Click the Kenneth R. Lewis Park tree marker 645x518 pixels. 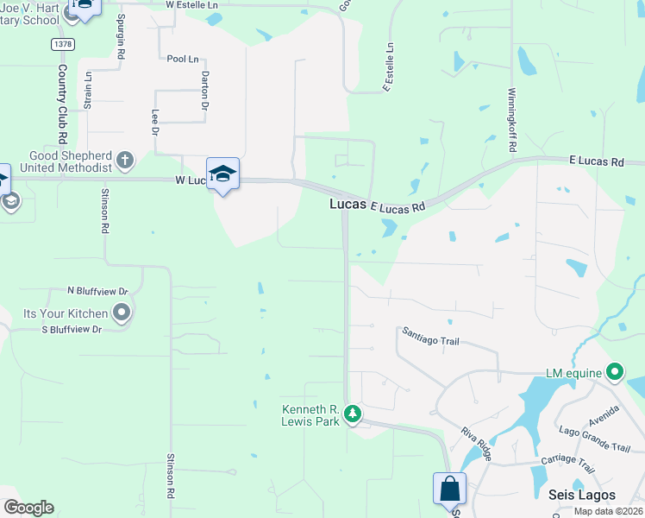(x=352, y=414)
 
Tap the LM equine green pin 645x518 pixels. (x=615, y=373)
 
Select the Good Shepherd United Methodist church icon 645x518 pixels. (x=125, y=160)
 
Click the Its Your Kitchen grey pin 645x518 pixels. (x=122, y=313)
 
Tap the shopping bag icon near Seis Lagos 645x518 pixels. (x=449, y=489)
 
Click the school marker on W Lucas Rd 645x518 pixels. (x=222, y=174)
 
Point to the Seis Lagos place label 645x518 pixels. (x=582, y=495)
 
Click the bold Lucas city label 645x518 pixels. (x=348, y=205)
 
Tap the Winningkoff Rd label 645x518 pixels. (x=511, y=119)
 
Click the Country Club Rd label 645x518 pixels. (x=63, y=103)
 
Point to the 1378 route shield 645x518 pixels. (x=62, y=43)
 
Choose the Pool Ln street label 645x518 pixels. (x=182, y=59)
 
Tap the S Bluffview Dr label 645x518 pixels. (x=72, y=330)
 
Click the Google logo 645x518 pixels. (x=28, y=508)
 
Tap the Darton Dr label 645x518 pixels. (x=205, y=90)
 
